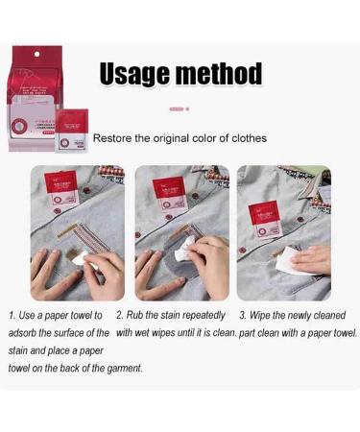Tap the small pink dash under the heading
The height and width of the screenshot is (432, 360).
point(176,109)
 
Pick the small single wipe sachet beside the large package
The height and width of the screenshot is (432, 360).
point(72,130)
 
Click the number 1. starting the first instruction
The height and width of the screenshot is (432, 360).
point(12,315)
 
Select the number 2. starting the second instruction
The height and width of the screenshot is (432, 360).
point(120,315)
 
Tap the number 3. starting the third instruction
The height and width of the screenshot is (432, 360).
point(244,315)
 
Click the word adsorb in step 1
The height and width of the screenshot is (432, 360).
point(25,333)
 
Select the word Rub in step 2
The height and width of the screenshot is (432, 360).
point(137,315)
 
